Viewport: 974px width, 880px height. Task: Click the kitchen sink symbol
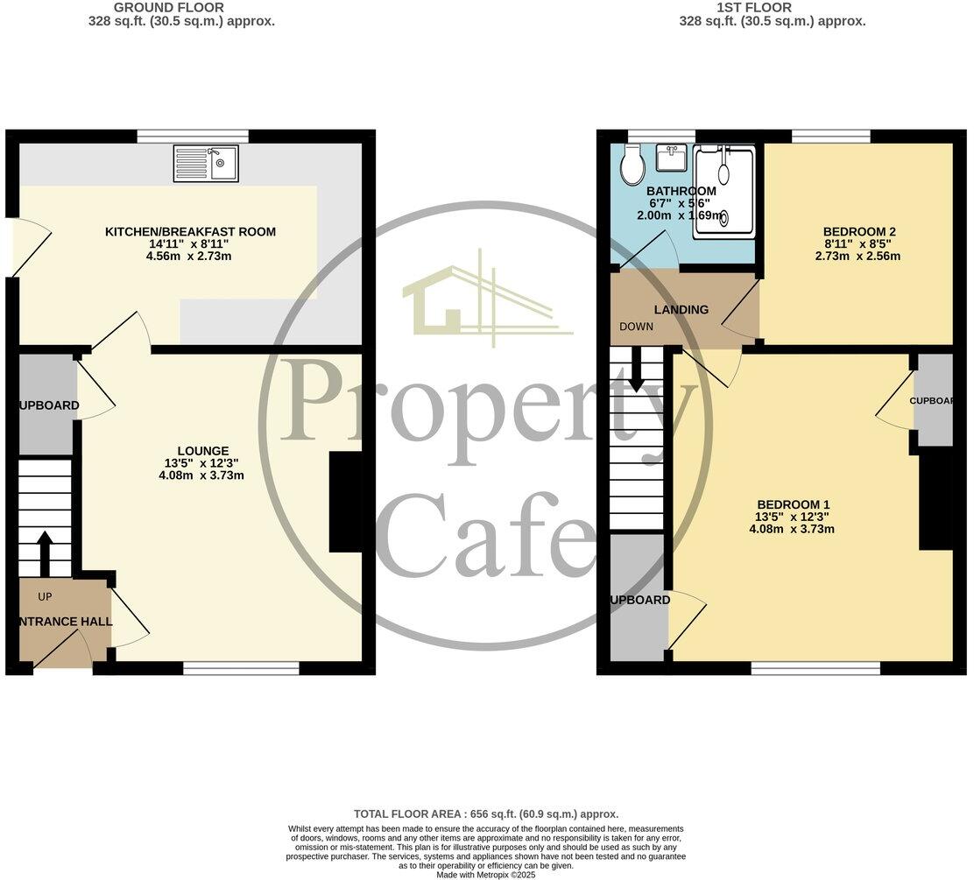(x=206, y=164)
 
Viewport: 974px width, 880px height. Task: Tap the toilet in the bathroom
(x=632, y=165)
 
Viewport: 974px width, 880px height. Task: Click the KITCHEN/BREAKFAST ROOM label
(x=190, y=232)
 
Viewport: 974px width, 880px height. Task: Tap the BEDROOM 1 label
(x=794, y=504)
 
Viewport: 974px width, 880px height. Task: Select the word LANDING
(x=681, y=310)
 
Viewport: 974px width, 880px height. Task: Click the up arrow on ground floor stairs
(x=44, y=551)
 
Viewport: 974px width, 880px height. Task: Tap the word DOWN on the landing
(x=637, y=327)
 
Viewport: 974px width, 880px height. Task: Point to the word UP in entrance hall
(x=46, y=597)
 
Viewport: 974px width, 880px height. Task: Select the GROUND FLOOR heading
(x=181, y=8)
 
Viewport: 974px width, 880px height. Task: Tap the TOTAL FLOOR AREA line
(x=486, y=813)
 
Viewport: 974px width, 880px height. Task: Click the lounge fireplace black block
(x=344, y=502)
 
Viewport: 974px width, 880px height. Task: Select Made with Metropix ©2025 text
(x=486, y=874)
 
